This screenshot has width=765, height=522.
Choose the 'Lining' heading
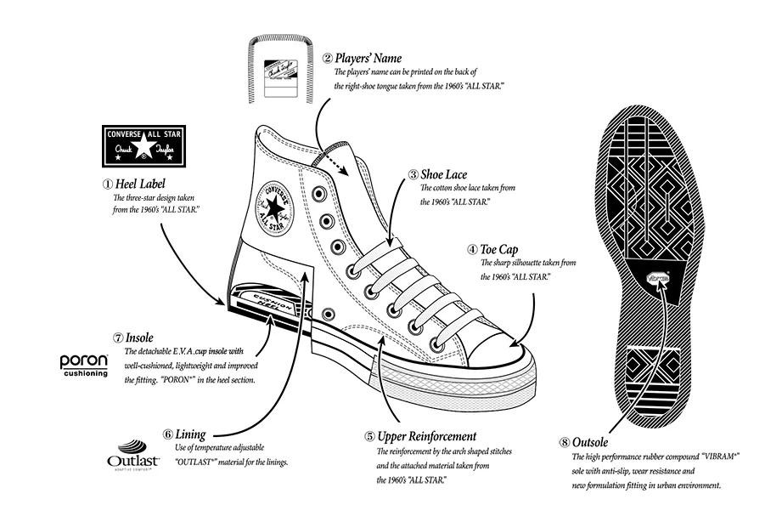tap(190, 434)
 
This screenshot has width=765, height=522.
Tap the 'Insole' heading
tap(139, 338)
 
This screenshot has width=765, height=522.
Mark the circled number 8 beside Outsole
tap(564, 442)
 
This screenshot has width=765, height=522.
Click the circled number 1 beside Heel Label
tap(107, 184)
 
